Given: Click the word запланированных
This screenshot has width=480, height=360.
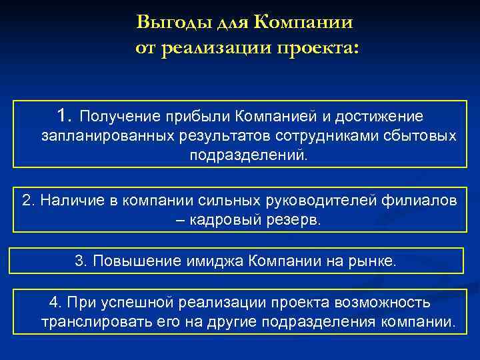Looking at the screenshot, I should pos(107,137).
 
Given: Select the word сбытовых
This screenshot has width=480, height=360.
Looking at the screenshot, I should pos(423,137).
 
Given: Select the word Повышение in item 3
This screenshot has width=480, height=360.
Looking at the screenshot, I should pos(127,261).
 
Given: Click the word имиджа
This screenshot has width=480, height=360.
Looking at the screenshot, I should pos(199,261).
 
